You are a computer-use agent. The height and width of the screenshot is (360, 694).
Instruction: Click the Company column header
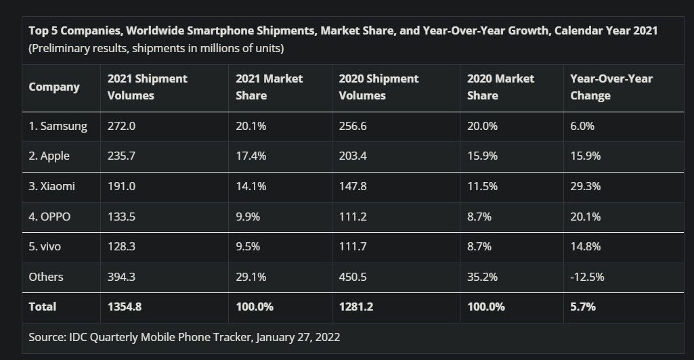pos(54,87)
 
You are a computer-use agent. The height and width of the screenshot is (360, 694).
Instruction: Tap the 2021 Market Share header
pos(269,87)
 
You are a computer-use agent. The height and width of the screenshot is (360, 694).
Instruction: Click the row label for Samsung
pos(58,126)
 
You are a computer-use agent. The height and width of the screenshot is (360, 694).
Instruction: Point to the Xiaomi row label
pos(51,186)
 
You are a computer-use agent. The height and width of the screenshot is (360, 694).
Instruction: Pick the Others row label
pos(46,276)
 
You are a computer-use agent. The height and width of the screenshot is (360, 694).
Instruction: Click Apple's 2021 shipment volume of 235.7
pos(122,156)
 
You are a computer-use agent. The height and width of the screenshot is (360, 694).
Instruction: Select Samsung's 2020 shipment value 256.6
pos(353,126)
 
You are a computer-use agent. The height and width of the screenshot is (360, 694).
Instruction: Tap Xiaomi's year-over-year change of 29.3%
pos(585,186)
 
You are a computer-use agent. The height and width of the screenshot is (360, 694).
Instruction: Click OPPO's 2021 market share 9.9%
pos(247,217)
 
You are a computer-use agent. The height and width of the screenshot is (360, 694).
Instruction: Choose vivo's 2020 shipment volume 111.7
pos(353,246)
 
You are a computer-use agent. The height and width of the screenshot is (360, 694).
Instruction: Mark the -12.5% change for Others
pos(587,276)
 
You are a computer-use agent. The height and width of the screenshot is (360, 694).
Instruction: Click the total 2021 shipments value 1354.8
pos(125,307)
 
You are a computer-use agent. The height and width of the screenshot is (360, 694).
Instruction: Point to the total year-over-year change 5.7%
pos(583,307)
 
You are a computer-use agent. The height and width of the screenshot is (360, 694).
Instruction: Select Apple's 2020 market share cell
pos(482,156)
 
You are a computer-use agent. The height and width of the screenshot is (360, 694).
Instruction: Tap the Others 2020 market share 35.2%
pos(482,276)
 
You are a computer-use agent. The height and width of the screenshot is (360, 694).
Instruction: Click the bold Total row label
pos(43,307)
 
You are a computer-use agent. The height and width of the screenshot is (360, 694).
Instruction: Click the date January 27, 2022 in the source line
pos(298,336)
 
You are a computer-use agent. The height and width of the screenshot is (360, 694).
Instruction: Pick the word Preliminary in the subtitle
pos(62,48)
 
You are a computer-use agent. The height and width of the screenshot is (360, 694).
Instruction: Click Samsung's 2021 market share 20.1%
pos(251,126)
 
